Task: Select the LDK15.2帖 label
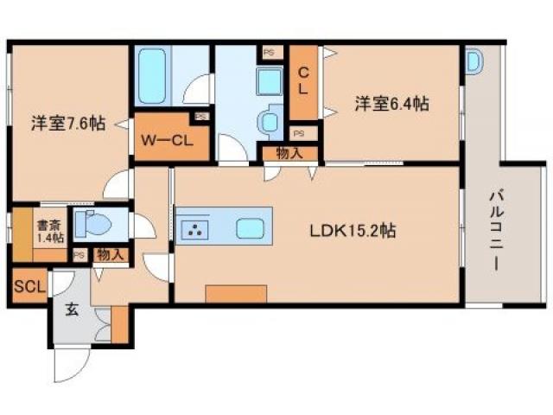point(353,232)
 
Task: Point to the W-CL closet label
point(168,139)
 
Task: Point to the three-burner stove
point(196,230)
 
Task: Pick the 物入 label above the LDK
point(289,154)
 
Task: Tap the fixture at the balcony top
point(474,61)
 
